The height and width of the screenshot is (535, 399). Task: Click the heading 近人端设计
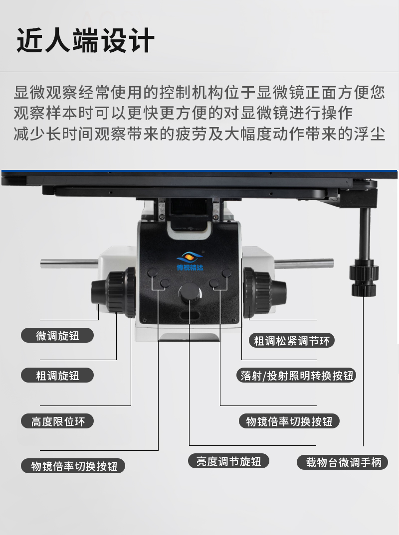tap(85, 41)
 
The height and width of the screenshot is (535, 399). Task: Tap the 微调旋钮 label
tap(57, 336)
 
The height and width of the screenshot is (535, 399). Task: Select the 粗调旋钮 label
tap(57, 375)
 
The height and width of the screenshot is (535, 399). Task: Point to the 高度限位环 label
tap(57, 421)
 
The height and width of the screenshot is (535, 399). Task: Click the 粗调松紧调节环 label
tap(292, 341)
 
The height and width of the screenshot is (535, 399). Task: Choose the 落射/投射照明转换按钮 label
tap(296, 375)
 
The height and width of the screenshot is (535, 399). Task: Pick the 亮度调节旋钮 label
tap(228, 461)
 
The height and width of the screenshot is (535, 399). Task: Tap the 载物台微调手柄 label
tap(342, 462)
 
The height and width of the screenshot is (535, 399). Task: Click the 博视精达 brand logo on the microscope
tap(190, 261)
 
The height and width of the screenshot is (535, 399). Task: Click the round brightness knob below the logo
tap(190, 292)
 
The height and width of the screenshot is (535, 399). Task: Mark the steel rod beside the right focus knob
tap(304, 264)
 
